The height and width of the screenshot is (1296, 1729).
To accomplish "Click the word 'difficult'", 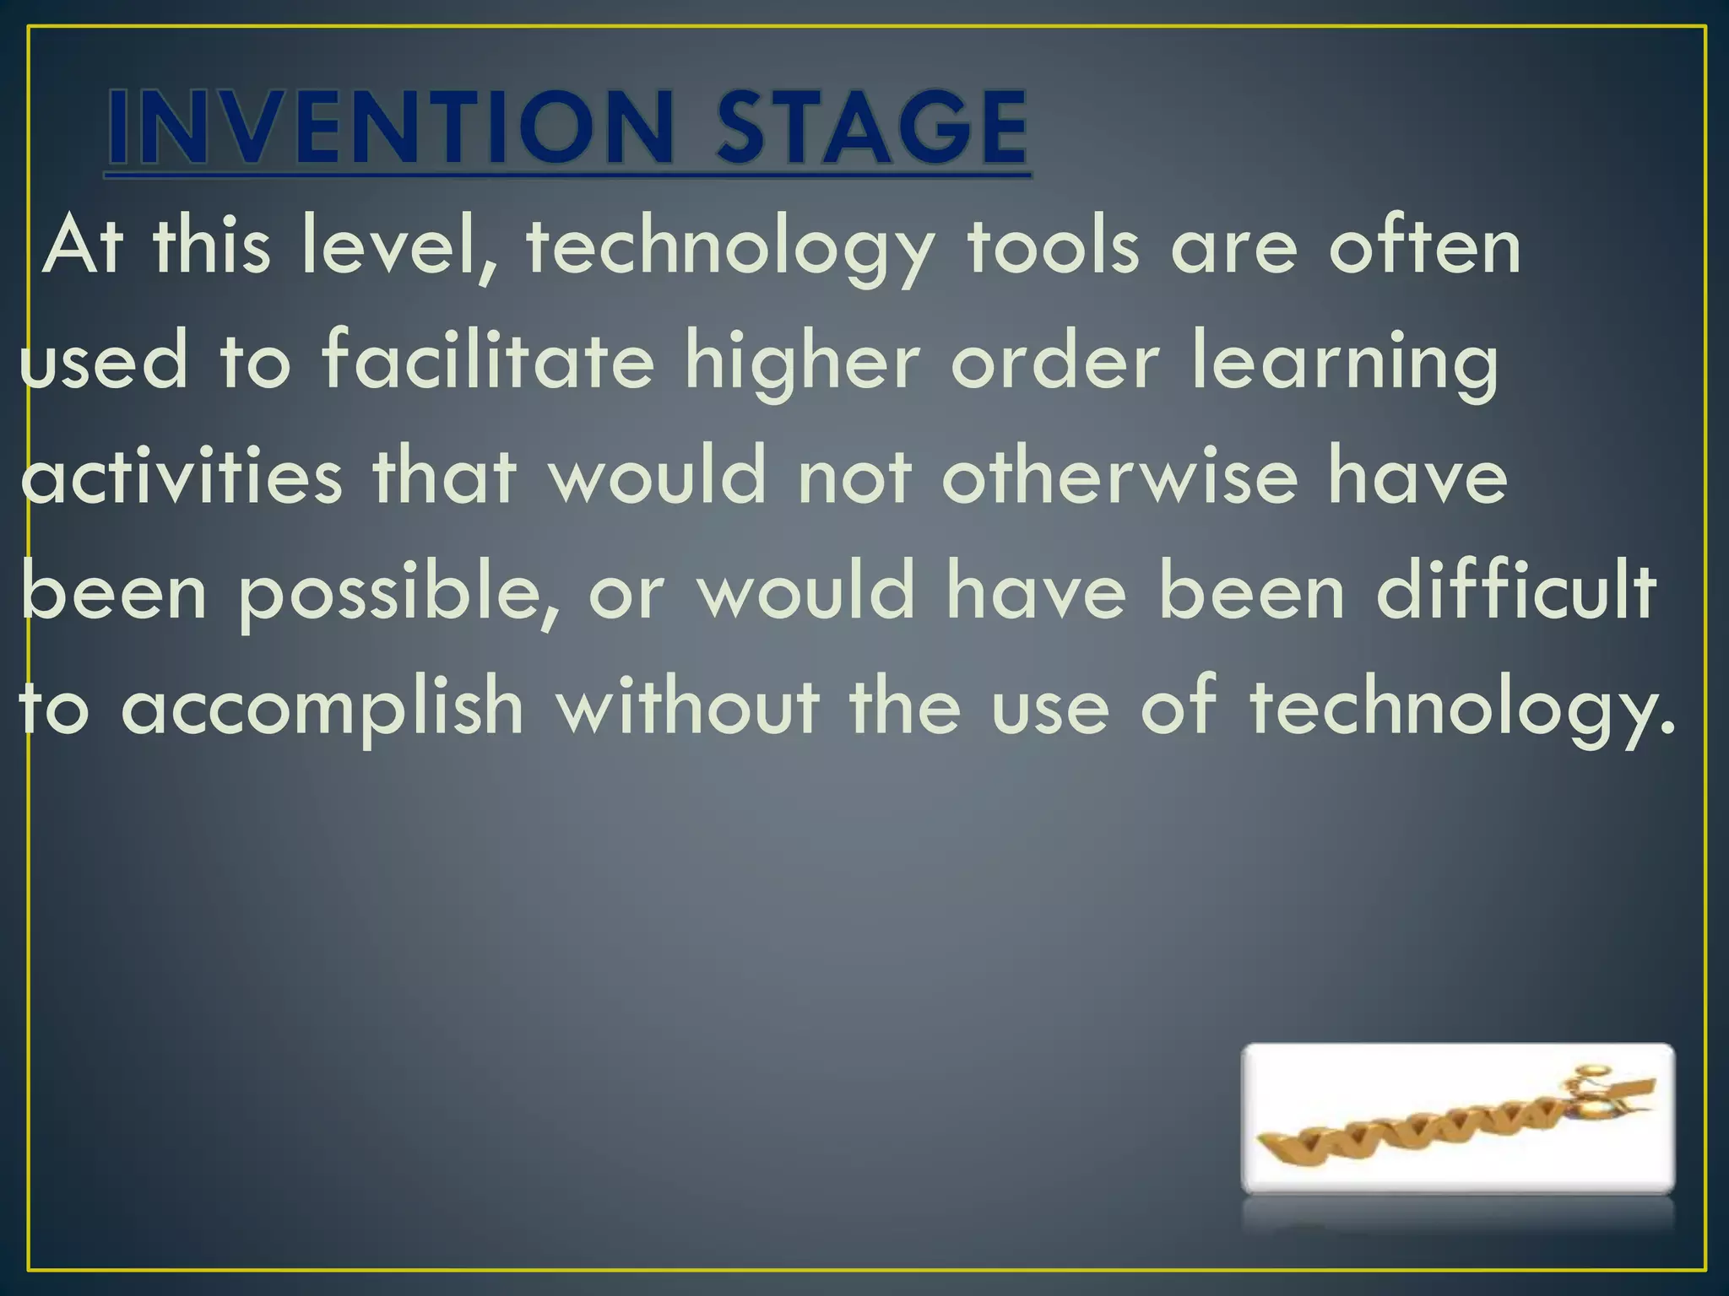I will [1516, 591].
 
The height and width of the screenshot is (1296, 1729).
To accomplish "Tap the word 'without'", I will [688, 707].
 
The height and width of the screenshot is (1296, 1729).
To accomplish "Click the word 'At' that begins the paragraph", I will [84, 247].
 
